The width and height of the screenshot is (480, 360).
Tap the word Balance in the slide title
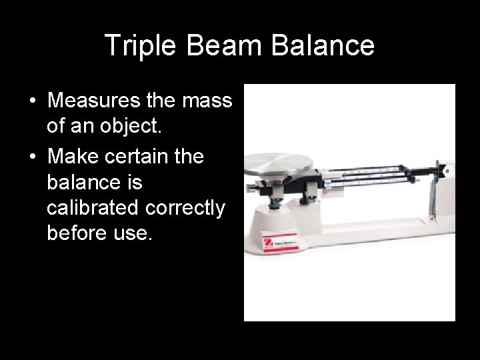(329, 45)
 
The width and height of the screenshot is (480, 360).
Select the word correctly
(187, 209)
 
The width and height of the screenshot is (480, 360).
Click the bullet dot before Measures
(32, 102)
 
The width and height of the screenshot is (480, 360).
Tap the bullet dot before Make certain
(32, 158)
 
